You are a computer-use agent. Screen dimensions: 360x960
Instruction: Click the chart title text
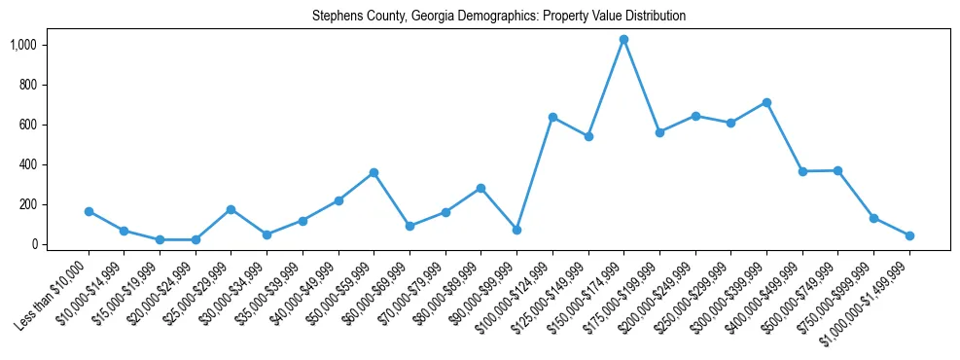pos(499,17)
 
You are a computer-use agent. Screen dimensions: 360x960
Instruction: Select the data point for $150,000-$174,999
pos(623,39)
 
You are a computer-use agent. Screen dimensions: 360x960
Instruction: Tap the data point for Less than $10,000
pos(89,211)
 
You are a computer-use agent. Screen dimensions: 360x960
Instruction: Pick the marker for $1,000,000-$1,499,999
pos(909,235)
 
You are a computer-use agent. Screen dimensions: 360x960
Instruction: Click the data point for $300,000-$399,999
pos(766,102)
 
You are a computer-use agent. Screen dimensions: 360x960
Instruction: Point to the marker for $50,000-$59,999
pos(373,172)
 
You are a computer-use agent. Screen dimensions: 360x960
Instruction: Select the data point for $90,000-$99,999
pos(516,230)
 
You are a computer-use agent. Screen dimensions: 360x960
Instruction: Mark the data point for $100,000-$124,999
pos(552,117)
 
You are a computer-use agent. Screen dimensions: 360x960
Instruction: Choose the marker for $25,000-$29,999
pos(231,209)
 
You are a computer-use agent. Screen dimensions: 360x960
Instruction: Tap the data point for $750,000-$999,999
pos(873,218)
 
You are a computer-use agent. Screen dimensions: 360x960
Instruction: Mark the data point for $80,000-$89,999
pos(480,188)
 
